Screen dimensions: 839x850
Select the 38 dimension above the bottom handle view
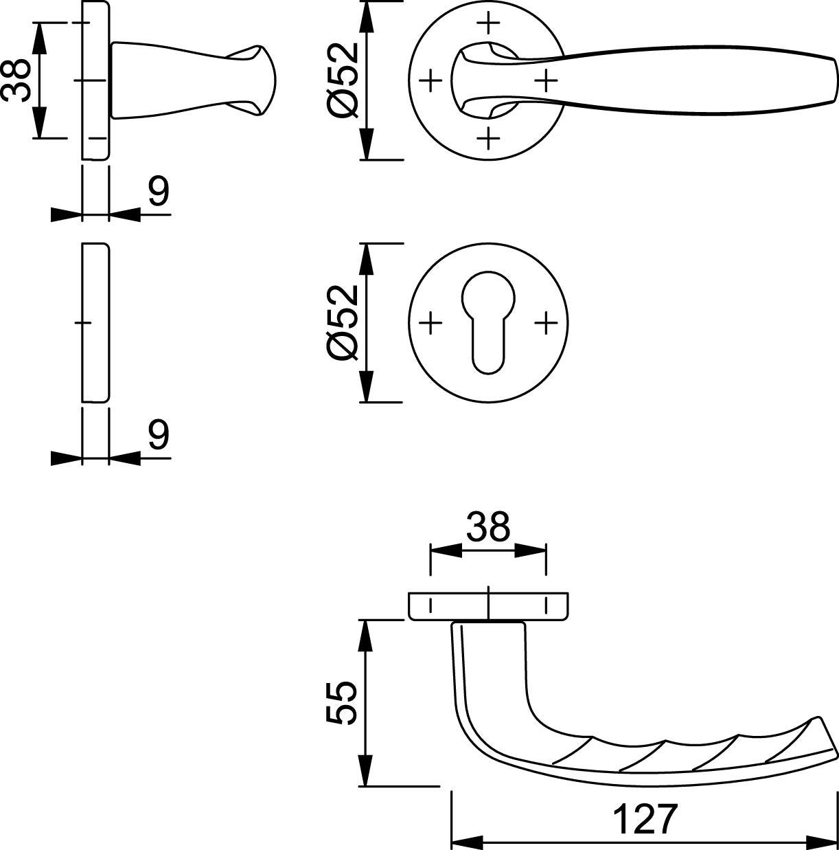[x=488, y=526]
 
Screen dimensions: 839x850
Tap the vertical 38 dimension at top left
[x=16, y=80]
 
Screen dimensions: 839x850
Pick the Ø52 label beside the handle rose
[x=343, y=80]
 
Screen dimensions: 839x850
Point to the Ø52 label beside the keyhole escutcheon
[x=343, y=323]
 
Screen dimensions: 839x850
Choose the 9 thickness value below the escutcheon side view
[x=159, y=434]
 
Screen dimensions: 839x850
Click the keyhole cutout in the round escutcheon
[x=488, y=322]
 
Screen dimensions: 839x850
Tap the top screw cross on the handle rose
[x=488, y=22]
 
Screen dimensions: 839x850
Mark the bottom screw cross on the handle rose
[x=488, y=139]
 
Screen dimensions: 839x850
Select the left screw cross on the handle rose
[x=430, y=80]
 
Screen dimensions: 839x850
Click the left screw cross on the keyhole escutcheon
[x=430, y=323]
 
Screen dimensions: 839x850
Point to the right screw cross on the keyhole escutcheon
[x=547, y=323]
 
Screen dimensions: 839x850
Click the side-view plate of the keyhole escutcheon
[x=95, y=323]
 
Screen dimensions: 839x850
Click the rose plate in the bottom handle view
[x=488, y=607]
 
